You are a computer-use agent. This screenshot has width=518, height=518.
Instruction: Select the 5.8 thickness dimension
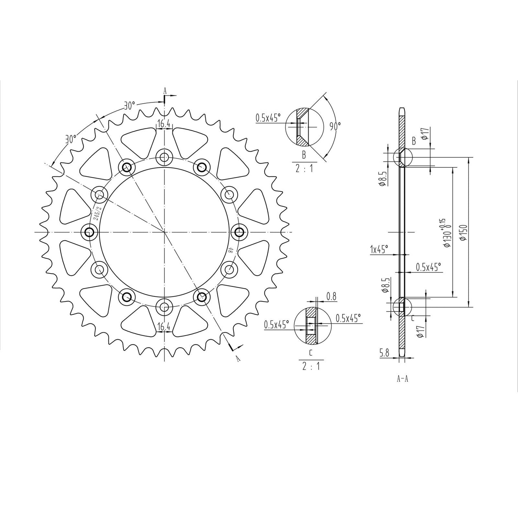(x=384, y=353)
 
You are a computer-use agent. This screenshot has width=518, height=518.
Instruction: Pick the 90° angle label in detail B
(x=335, y=125)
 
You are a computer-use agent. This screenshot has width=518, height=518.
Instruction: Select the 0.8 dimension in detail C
(x=332, y=296)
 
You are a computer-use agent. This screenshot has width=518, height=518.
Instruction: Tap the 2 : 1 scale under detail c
(x=310, y=367)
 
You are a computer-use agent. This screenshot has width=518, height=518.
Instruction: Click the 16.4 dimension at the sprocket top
(x=163, y=124)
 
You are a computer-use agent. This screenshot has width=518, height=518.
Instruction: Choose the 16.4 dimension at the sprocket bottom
(x=164, y=327)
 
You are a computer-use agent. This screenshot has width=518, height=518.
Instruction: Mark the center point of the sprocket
(x=164, y=232)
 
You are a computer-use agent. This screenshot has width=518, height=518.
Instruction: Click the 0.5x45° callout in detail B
(x=268, y=118)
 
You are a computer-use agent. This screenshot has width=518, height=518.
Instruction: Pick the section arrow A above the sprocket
(x=165, y=92)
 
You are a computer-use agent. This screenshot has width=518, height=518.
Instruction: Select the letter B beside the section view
(x=414, y=141)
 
